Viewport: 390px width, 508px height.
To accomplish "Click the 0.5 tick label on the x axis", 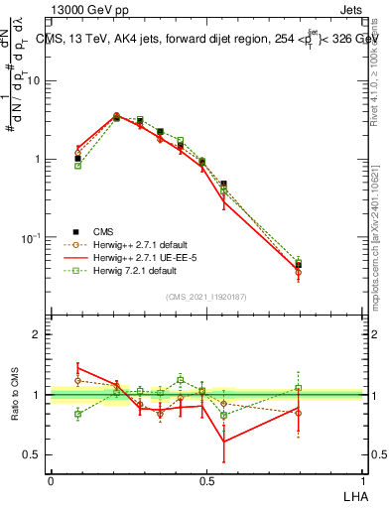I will click(x=206, y=479).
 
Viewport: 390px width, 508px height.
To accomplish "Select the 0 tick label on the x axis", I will click(x=51, y=479).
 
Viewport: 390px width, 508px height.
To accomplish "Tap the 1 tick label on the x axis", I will click(x=362, y=479).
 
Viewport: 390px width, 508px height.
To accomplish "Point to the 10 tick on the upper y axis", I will click(x=38, y=80).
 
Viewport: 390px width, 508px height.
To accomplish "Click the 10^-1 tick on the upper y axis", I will click(x=35, y=238).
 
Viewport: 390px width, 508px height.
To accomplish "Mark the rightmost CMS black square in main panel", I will click(x=326, y=265).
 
